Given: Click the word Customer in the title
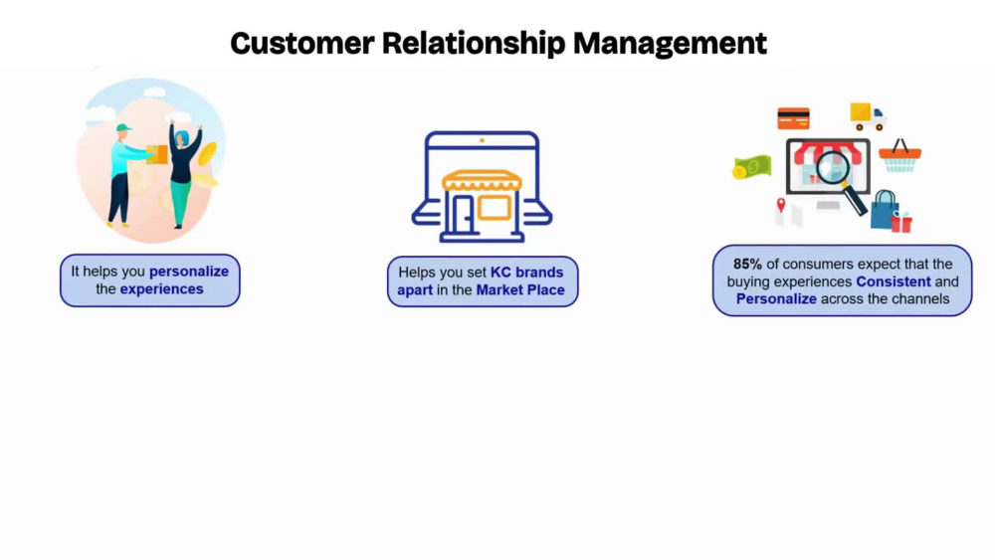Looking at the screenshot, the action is click(x=302, y=43).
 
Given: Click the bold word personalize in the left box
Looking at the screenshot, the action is click(x=189, y=272).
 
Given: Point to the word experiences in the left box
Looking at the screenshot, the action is click(x=162, y=289).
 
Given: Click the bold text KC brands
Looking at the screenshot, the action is click(x=526, y=273).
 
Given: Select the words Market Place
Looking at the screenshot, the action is click(x=520, y=289).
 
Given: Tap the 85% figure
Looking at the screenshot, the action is click(x=747, y=264).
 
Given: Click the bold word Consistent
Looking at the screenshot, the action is click(x=894, y=281).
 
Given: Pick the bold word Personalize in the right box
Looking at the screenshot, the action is click(x=776, y=298).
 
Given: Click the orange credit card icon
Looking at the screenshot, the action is click(x=793, y=118).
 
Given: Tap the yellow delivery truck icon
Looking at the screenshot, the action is click(x=868, y=116).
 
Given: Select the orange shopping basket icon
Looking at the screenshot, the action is click(x=899, y=156).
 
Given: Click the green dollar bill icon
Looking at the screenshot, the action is click(x=752, y=167).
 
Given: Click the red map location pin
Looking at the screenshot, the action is click(x=781, y=205).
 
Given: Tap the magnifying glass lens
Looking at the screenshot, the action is click(x=833, y=168).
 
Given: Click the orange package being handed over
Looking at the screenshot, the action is click(x=157, y=154).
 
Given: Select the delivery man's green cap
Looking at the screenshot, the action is click(x=123, y=127).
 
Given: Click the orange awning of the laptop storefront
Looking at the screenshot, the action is click(x=483, y=181).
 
